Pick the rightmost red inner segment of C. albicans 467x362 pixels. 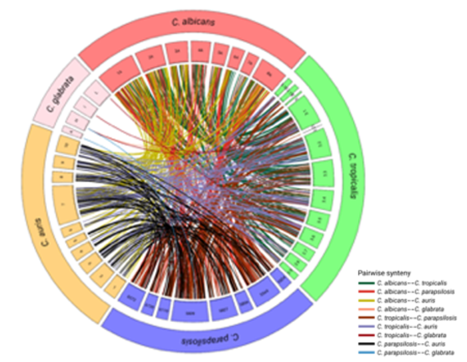[x=265, y=69]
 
